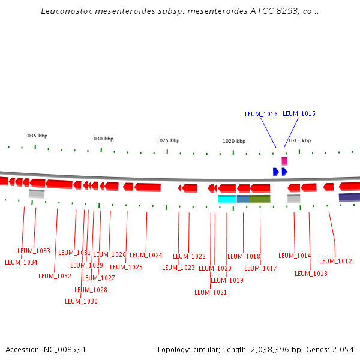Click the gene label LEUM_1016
(261, 114)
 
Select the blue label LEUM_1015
(299, 113)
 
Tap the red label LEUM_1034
(21, 262)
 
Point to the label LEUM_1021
(211, 293)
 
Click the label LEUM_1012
(335, 262)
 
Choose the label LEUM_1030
(81, 301)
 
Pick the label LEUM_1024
(146, 255)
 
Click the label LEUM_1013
(311, 274)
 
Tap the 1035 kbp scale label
(35, 136)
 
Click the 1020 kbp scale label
(234, 141)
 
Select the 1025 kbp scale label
(168, 140)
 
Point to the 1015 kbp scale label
(299, 140)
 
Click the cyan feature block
(226, 199)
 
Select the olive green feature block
(260, 199)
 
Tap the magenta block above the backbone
(284, 161)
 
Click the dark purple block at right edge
(349, 197)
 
